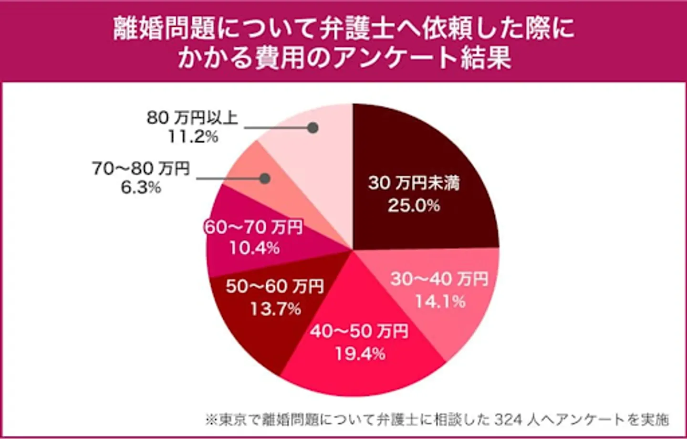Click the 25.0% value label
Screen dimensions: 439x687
pyautogui.click(x=414, y=206)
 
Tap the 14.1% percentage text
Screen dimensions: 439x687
pyautogui.click(x=440, y=302)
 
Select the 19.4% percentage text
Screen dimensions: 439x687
pyautogui.click(x=360, y=354)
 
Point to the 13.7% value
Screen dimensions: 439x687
pyautogui.click(x=276, y=309)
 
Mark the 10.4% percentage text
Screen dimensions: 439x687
pyautogui.click(x=254, y=248)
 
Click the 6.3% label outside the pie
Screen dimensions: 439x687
pyautogui.click(x=141, y=188)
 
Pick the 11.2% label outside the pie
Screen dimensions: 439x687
pyautogui.click(x=193, y=137)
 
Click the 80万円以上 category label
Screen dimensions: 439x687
pyautogui.click(x=192, y=117)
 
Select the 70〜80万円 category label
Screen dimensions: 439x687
pyautogui.click(x=141, y=168)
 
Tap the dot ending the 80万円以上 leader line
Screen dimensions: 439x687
pyautogui.click(x=313, y=128)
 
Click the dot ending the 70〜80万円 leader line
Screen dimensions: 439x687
pyautogui.click(x=265, y=178)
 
